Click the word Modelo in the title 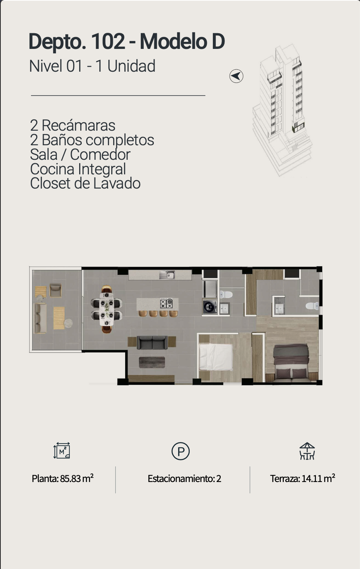pyautogui.click(x=174, y=41)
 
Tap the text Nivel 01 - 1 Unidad pyautogui.click(x=92, y=66)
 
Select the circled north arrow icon pyautogui.click(x=236, y=76)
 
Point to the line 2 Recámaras pyautogui.click(x=73, y=125)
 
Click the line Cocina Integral pyautogui.click(x=78, y=169)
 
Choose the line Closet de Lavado pyautogui.click(x=85, y=183)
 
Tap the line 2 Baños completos pyautogui.click(x=92, y=140)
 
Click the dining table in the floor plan pyautogui.click(x=106, y=309)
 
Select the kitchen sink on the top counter pyautogui.click(x=167, y=275)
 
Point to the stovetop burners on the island pyautogui.click(x=167, y=303)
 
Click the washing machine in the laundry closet pyautogui.click(x=210, y=307)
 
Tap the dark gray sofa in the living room pyautogui.click(x=152, y=342)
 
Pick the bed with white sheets pyautogui.click(x=216, y=357)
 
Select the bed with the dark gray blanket pyautogui.click(x=291, y=363)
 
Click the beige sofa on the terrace pyautogui.click(x=40, y=318)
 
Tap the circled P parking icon pyautogui.click(x=180, y=451)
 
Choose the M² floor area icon pyautogui.click(x=62, y=450)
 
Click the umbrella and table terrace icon pyautogui.click(x=307, y=451)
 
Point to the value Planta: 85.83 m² pyautogui.click(x=63, y=478)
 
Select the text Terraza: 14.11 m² pyautogui.click(x=302, y=478)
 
